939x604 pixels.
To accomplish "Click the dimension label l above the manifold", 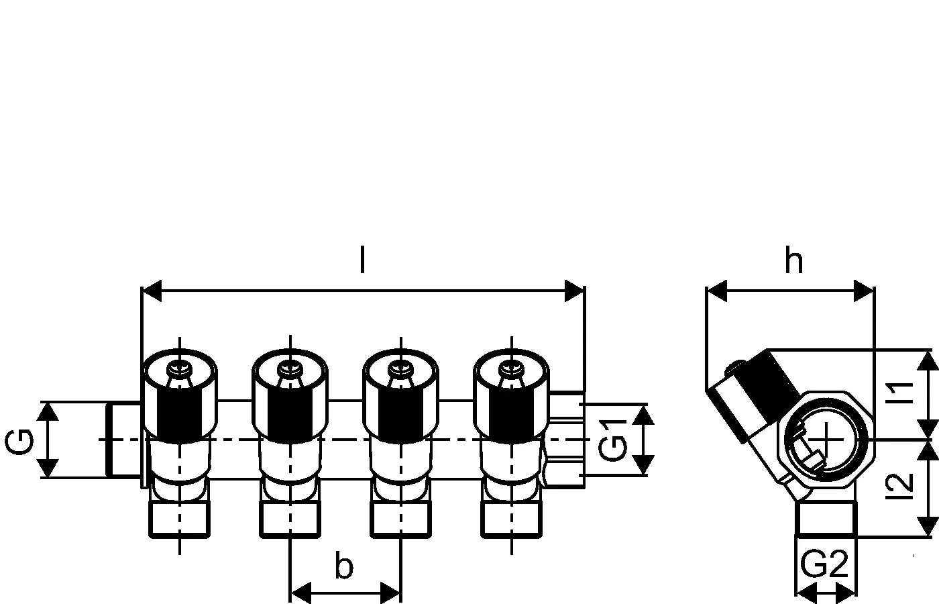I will point(362,261).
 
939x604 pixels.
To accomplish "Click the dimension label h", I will point(793,261).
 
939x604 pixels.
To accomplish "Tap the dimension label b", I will point(343,567).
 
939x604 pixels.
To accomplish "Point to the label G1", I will point(611,440).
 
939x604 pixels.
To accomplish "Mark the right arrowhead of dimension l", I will point(575,292).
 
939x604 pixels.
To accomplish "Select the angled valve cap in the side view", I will point(751,396).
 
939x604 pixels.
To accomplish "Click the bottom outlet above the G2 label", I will point(826,518).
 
